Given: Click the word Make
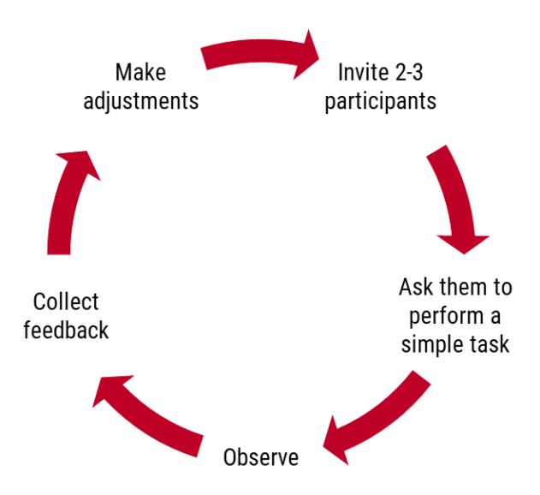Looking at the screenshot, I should point(140,72).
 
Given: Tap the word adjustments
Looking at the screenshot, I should point(141,101).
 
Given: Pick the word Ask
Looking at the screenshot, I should point(417,287).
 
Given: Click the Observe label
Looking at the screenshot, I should point(261,458).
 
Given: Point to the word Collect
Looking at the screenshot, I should point(66,301).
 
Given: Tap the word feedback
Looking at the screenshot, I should point(66,331).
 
